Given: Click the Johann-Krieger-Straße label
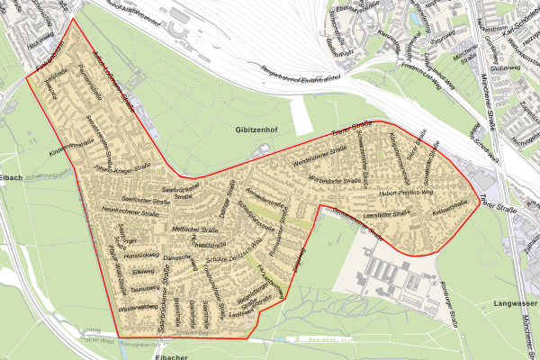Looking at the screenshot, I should pos(113,166).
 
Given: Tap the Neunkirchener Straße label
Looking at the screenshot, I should pos(123,211).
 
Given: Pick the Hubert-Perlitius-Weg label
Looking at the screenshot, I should pos(407,192).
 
